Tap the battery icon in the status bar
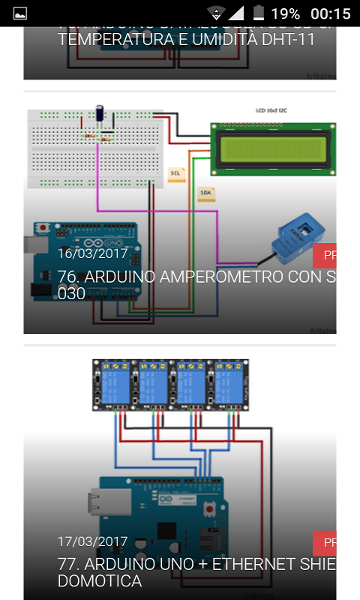coord(259,13)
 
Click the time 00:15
coord(330,13)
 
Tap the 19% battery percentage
coord(286,13)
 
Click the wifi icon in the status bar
coord(217,13)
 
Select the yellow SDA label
coord(205,193)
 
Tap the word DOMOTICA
coord(100,581)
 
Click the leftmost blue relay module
coord(112,385)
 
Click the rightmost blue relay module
coord(228,385)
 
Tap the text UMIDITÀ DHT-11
coord(250,40)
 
